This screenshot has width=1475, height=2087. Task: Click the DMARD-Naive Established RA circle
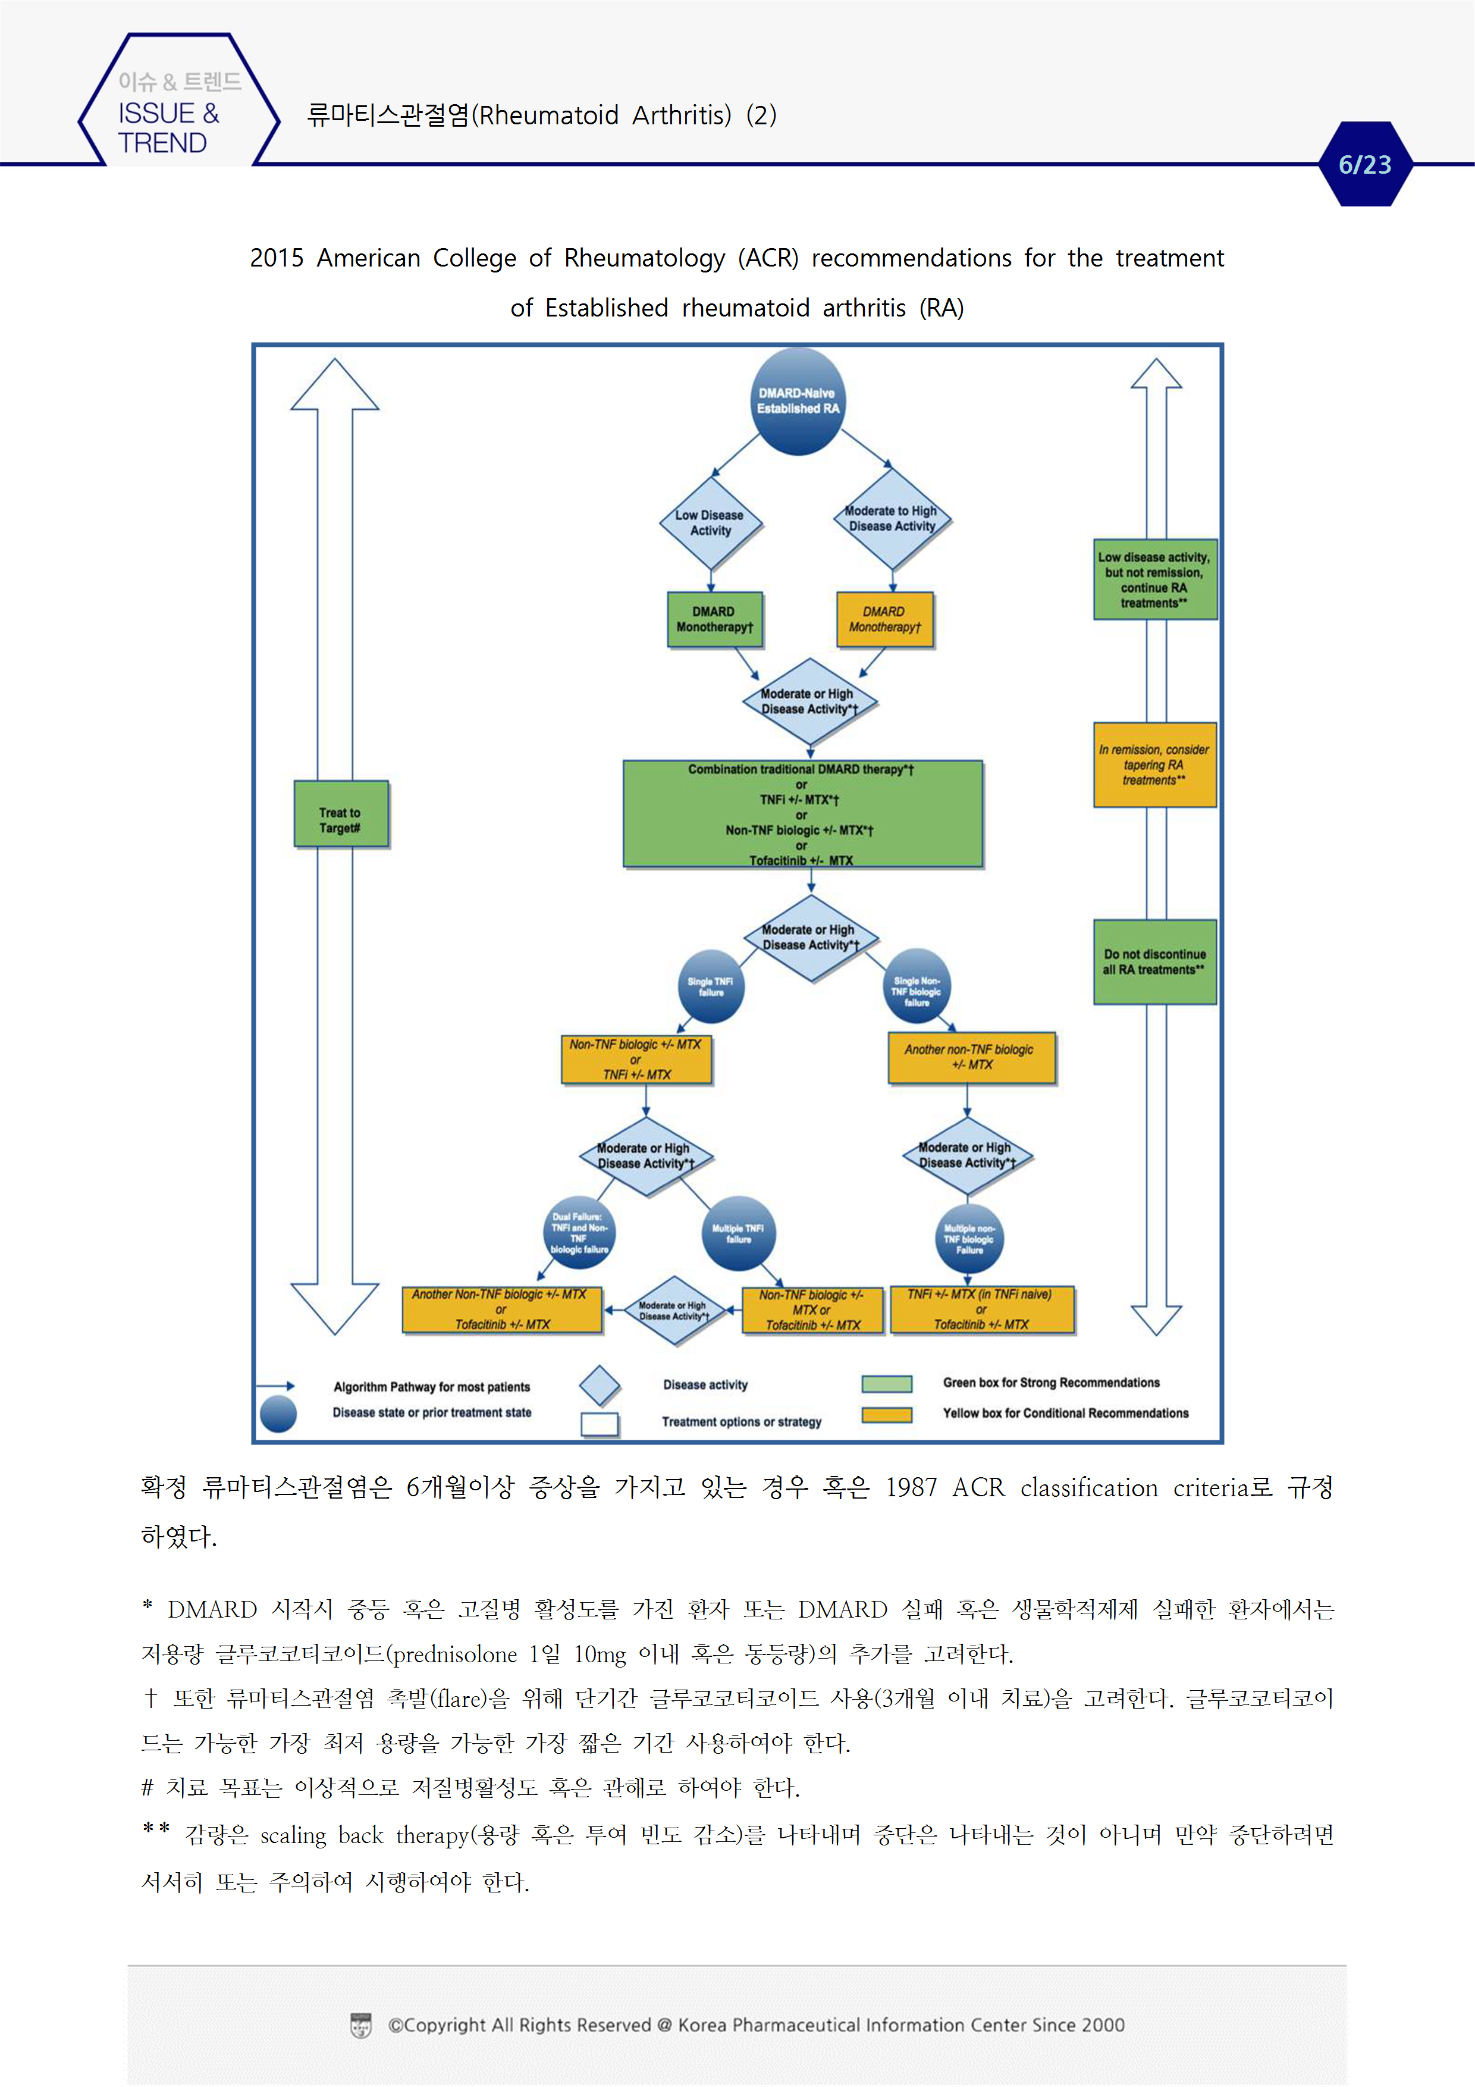point(798,401)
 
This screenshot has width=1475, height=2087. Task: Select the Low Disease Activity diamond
point(710,523)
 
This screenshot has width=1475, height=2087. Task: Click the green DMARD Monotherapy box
point(714,619)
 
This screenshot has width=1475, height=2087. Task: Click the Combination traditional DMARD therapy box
point(802,813)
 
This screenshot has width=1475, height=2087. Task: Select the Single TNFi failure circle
point(711,986)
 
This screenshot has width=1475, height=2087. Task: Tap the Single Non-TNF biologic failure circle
point(917,986)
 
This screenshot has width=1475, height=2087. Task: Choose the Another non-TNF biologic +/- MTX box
point(971,1057)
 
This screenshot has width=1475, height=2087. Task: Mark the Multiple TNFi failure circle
point(738,1233)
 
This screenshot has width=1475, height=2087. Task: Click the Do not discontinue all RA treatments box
point(1154,961)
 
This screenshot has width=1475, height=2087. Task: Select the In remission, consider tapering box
point(1154,764)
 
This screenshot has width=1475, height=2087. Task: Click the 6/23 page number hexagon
point(1365,165)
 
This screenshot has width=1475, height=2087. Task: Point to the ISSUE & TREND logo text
point(169,127)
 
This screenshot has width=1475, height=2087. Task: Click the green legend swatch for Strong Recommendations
point(886,1383)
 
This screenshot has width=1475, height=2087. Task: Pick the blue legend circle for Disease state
point(278,1414)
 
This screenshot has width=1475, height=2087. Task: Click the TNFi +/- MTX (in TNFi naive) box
point(981,1309)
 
